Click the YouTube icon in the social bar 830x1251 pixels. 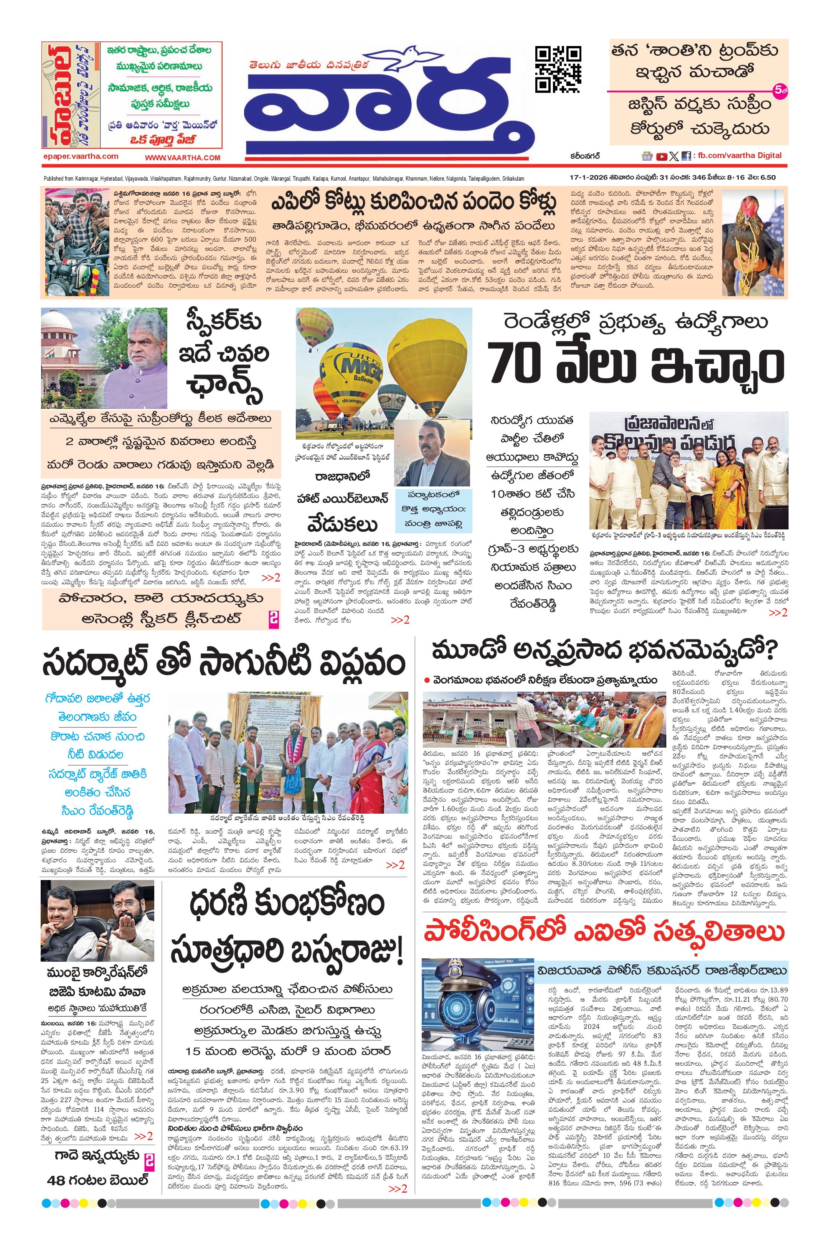661,156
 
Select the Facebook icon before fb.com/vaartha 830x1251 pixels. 686,156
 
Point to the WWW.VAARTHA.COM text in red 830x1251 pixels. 183,157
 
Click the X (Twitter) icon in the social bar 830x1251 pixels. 673,156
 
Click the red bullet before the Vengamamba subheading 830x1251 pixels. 427,680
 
